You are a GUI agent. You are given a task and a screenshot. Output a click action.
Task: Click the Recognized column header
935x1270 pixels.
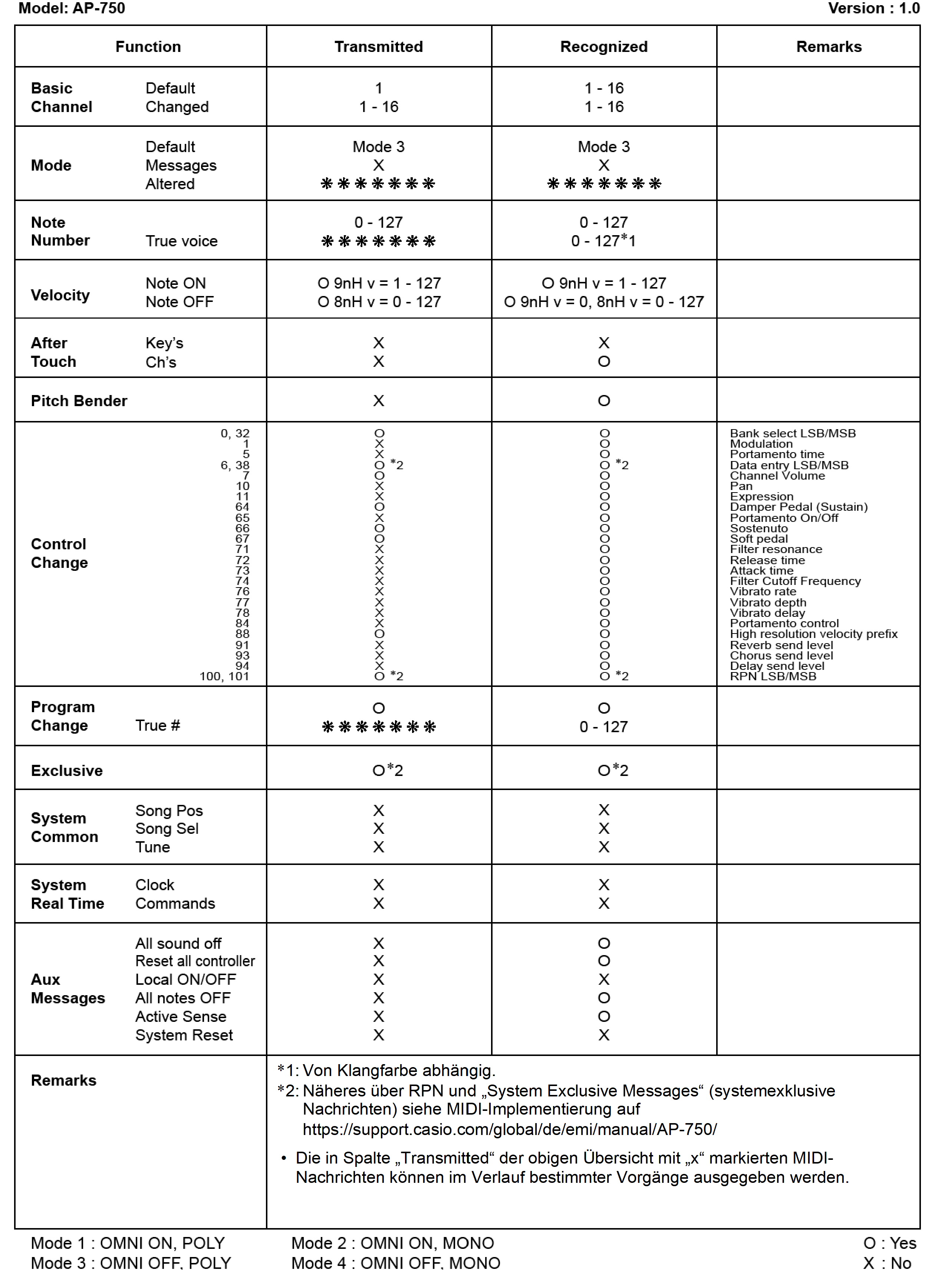pos(603,46)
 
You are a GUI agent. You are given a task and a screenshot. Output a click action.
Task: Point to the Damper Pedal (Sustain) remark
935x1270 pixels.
pos(798,507)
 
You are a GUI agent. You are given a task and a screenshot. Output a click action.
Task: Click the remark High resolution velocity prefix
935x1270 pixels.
pos(813,634)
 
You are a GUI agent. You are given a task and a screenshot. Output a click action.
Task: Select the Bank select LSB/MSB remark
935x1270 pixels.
pos(792,433)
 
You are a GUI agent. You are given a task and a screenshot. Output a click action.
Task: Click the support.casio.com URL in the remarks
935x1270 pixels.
pos(509,1129)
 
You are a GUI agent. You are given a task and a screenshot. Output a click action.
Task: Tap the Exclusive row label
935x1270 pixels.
pos(67,770)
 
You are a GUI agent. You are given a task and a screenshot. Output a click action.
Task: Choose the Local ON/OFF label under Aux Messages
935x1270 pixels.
pos(186,979)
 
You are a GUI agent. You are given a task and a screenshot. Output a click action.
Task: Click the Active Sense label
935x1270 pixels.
pos(181,1016)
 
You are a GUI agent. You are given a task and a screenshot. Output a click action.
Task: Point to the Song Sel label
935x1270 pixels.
pos(167,829)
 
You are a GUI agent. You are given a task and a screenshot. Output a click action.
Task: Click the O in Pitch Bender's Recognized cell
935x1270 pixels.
pos(604,401)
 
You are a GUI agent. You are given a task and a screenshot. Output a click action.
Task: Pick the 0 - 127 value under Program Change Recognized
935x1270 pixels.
pos(603,727)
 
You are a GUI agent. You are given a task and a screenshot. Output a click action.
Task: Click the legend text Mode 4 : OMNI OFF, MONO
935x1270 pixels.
pos(396,1263)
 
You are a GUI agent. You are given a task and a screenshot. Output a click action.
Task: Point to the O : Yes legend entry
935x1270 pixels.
pos(890,1243)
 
